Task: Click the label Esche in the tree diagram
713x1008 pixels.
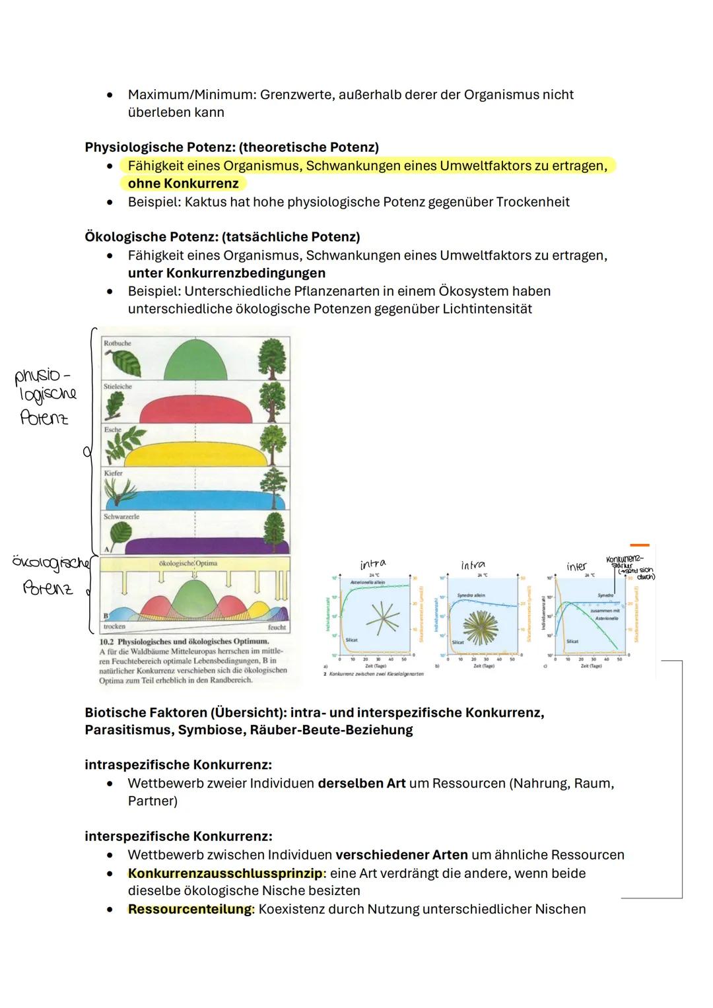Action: tap(112, 430)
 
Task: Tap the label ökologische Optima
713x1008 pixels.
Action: tap(187, 564)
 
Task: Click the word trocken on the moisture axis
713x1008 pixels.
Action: tap(114, 626)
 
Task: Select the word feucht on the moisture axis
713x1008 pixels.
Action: tap(277, 627)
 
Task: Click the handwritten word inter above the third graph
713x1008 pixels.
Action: tap(576, 566)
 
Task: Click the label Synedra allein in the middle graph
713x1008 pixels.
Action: tap(471, 595)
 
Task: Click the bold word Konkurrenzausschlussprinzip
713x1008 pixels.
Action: tap(225, 873)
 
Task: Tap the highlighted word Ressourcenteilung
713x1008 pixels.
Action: tap(189, 909)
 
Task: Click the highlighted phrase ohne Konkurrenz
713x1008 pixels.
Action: tap(183, 184)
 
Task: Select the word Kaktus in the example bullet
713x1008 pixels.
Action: tap(205, 202)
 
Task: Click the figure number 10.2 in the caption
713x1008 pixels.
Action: tap(107, 642)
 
